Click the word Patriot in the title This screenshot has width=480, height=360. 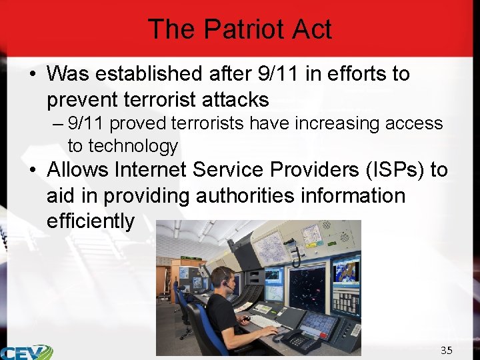coord(239,30)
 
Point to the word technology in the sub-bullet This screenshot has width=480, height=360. coord(133,145)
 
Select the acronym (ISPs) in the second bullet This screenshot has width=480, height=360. coord(393,170)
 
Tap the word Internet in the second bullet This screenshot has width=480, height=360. coord(153,170)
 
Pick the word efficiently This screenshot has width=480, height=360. coord(90,221)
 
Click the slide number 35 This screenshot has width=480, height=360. coord(446,350)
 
